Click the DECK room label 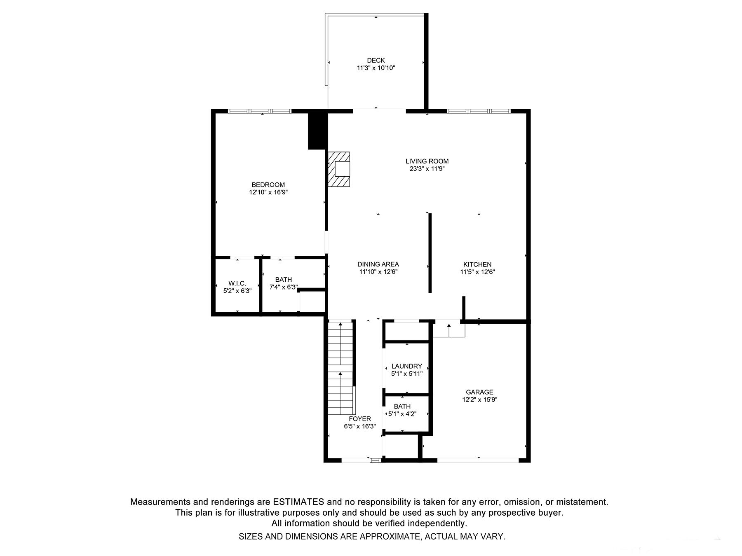pos(376,61)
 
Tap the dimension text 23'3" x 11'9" pos(427,168)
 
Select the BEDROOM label pos(268,185)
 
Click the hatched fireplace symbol pos(338,169)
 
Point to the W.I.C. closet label pos(237,283)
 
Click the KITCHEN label pos(477,264)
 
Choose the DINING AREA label pos(378,264)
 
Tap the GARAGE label pos(479,392)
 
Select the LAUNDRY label pos(406,366)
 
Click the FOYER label pos(359,419)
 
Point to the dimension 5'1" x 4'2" pos(402,414)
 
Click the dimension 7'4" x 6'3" pos(283,287)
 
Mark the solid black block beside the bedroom pos(317,131)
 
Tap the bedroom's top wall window pos(260,111)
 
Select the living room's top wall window pos(478,111)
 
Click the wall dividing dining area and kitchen pos(430,253)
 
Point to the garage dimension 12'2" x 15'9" pos(479,399)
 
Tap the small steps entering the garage pos(449,329)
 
